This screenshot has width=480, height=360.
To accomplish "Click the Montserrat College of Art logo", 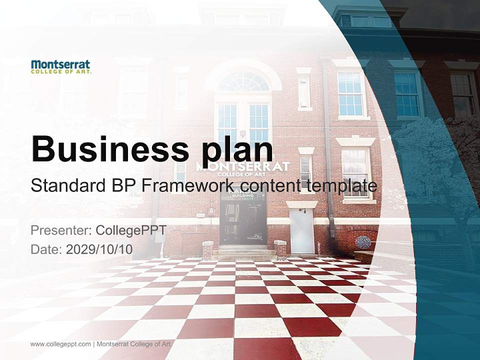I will pyautogui.click(x=60, y=66).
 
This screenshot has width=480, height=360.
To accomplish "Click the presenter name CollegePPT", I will pyautogui.click(x=131, y=231).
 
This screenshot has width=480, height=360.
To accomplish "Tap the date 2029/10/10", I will pyautogui.click(x=99, y=249).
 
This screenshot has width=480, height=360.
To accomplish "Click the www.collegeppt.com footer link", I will pyautogui.click(x=60, y=344).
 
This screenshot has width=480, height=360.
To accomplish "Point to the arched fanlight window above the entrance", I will pyautogui.click(x=243, y=82).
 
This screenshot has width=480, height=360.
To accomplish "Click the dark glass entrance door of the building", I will pyautogui.click(x=243, y=220).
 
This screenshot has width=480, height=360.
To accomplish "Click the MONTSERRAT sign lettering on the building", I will pyautogui.click(x=243, y=165).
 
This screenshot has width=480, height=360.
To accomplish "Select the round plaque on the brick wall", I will pyautogui.click(x=363, y=242).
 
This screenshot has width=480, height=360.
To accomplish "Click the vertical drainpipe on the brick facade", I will pyautogui.click(x=328, y=150).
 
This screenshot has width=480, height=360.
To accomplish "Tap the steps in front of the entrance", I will pyautogui.click(x=243, y=250).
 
